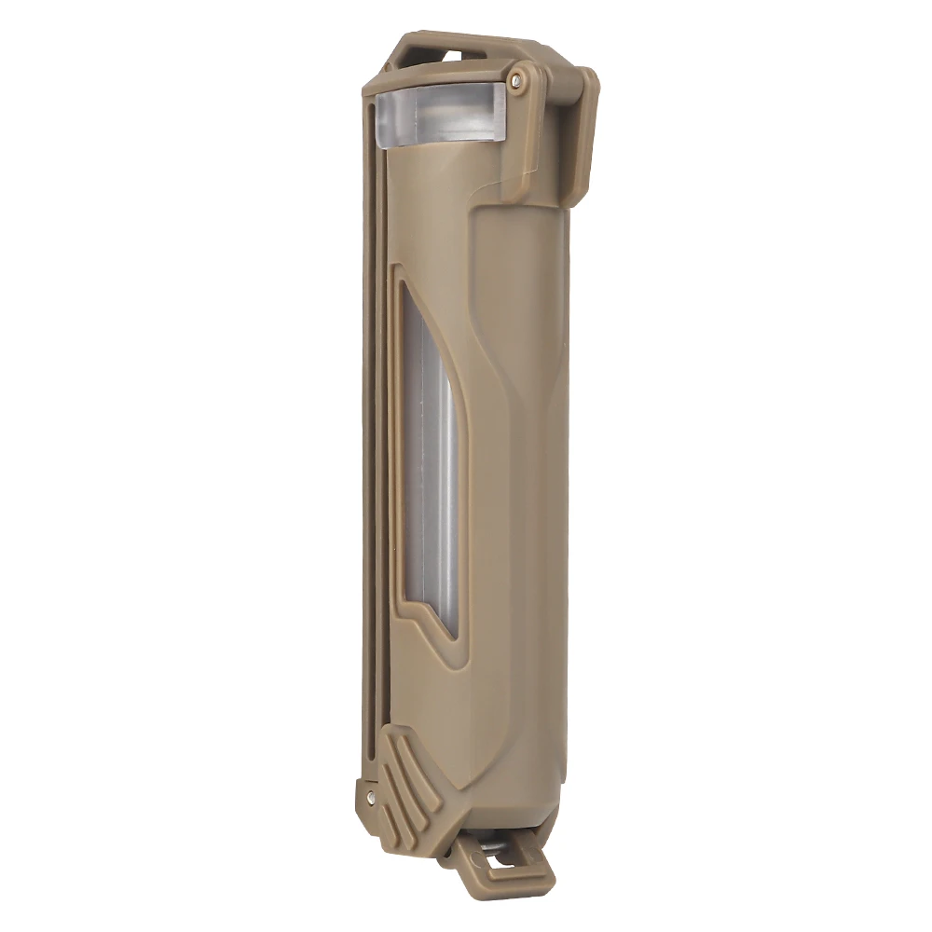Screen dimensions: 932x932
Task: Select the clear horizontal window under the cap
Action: [438, 114]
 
